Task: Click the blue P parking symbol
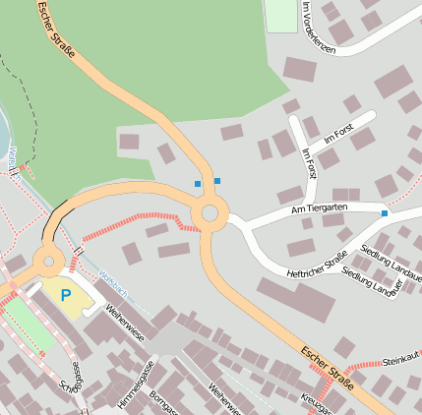click(66, 294)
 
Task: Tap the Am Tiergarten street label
click(320, 208)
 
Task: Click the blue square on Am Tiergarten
click(385, 213)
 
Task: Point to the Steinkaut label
click(400, 358)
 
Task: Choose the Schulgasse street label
click(72, 382)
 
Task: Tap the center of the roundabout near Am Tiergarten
click(210, 213)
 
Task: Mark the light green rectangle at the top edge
click(282, 15)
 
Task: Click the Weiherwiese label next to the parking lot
click(125, 325)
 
